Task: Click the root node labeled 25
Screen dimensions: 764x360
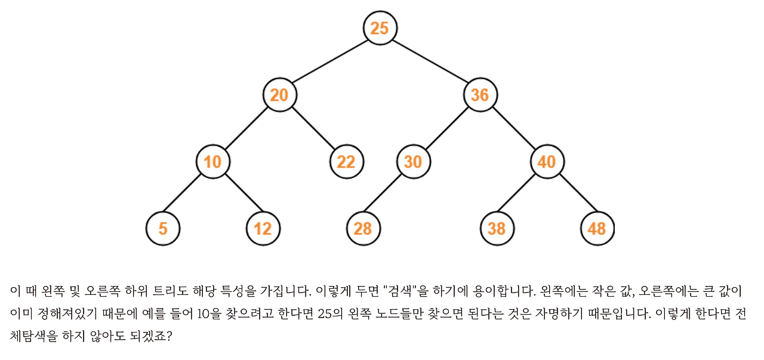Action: [380, 27]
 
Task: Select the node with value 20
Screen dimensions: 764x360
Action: [279, 95]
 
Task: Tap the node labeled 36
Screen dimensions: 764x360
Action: [480, 95]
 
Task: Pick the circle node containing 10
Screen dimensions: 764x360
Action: [212, 162]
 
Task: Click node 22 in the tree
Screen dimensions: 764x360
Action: [346, 162]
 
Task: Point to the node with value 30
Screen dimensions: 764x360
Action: [413, 162]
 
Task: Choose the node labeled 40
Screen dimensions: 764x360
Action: [547, 162]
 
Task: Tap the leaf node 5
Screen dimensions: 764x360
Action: [162, 229]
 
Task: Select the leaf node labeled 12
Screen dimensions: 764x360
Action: [263, 229]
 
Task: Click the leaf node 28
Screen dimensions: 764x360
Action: [363, 229]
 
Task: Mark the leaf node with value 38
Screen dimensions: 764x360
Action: [497, 229]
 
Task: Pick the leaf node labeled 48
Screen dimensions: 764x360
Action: [597, 229]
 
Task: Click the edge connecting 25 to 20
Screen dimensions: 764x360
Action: [329, 61]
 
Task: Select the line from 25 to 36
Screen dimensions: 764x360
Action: [430, 61]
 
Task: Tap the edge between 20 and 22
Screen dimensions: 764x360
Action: [313, 128]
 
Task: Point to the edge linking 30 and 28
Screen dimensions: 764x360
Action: [388, 195]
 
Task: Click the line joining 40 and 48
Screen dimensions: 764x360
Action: [572, 195]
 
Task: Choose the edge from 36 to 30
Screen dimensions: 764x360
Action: [446, 128]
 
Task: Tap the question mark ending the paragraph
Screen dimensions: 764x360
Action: [169, 337]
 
